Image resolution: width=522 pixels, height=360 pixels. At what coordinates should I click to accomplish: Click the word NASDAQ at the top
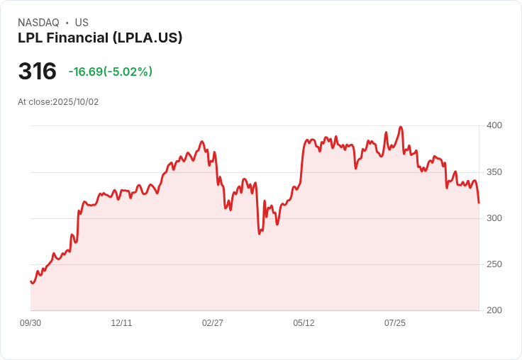[x=38, y=23]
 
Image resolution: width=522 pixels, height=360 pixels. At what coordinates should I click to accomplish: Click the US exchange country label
[x=82, y=23]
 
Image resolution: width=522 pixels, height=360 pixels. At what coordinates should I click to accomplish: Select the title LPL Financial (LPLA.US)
[x=100, y=38]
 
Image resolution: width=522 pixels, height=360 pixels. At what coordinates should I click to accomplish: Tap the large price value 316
[x=37, y=72]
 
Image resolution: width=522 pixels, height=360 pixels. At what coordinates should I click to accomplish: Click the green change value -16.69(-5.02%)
[x=111, y=72]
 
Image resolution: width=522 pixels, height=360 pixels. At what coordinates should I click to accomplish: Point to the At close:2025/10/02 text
[x=58, y=102]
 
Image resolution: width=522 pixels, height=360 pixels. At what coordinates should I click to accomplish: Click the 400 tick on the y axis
[x=494, y=125]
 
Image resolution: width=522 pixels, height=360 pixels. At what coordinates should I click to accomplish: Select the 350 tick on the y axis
[x=494, y=172]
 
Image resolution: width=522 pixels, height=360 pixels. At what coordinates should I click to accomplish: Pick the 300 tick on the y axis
[x=494, y=218]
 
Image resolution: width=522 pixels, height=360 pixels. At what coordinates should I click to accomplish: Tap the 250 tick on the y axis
[x=494, y=264]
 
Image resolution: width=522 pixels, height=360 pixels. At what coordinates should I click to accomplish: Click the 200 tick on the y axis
[x=494, y=310]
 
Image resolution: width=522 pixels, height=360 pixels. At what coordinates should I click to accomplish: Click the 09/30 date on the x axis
[x=30, y=323]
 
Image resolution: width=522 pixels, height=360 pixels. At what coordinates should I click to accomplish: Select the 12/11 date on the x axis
[x=121, y=323]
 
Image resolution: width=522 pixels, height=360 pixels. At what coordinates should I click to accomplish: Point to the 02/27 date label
[x=213, y=323]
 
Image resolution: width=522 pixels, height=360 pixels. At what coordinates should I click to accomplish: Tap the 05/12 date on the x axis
[x=304, y=323]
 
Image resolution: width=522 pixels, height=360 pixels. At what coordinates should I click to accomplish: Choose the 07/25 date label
[x=395, y=323]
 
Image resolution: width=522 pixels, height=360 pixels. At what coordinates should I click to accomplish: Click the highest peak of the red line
[x=401, y=128]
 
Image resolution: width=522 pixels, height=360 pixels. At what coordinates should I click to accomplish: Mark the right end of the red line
[x=479, y=203]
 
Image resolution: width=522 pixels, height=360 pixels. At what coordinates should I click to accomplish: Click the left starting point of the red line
[x=30, y=282]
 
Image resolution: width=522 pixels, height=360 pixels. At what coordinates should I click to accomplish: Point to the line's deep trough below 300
[x=260, y=233]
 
